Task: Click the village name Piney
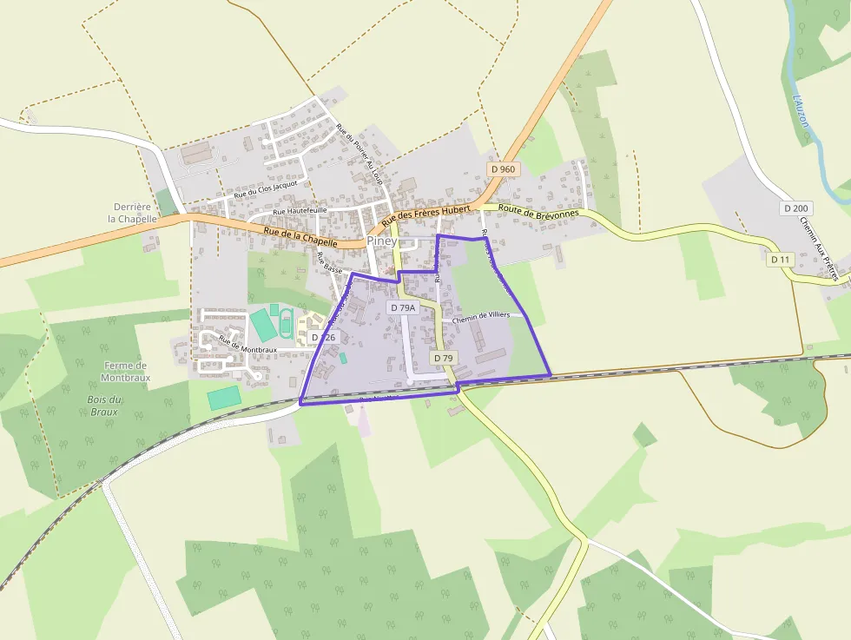[382, 241]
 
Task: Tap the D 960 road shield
[502, 169]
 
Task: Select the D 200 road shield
[796, 208]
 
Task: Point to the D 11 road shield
[782, 260]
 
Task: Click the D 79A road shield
[403, 307]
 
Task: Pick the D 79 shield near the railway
[443, 358]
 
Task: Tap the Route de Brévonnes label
[536, 209]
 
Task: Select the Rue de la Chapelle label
[300, 236]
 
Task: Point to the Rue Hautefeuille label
[300, 211]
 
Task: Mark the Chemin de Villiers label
[481, 316]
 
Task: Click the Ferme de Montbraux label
[126, 372]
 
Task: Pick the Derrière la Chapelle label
[132, 213]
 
